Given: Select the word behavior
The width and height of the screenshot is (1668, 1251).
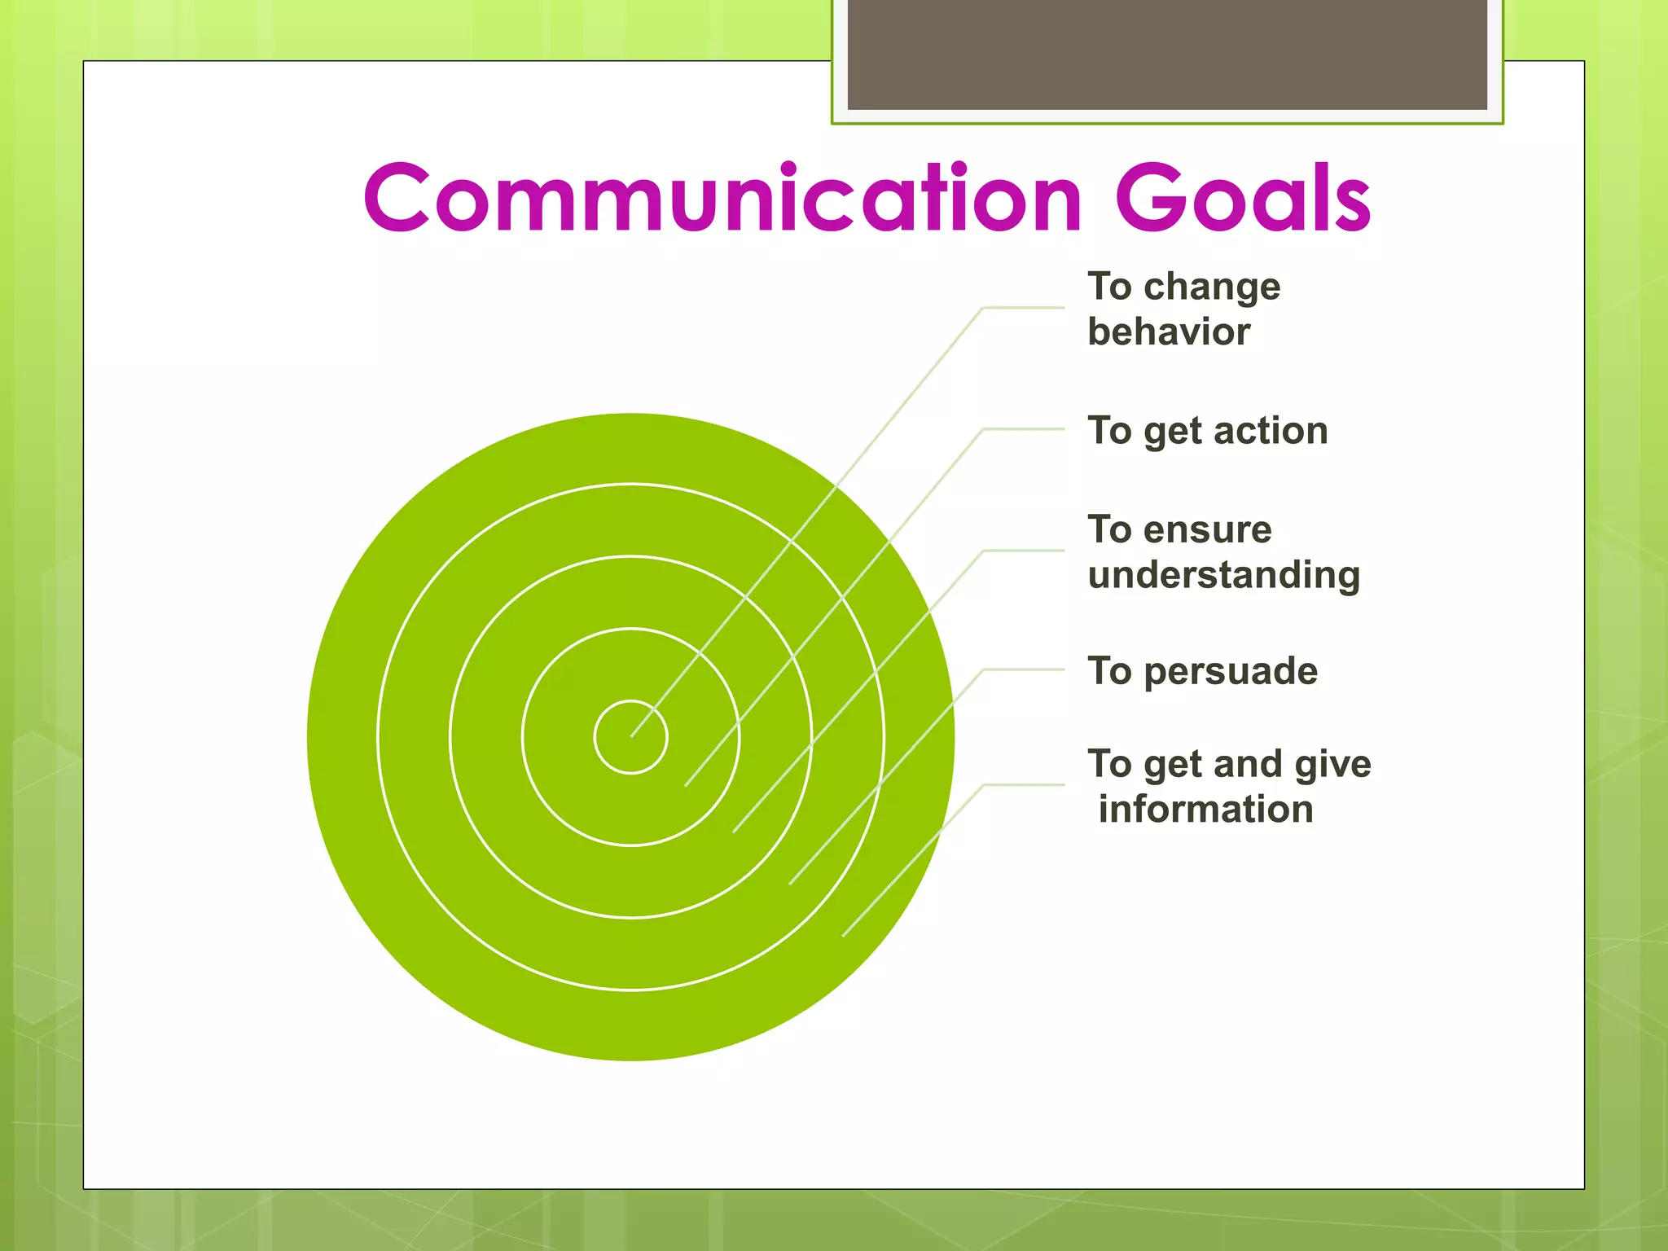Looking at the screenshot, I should point(1169,332).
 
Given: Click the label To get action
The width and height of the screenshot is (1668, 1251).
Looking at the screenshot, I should point(1207,431).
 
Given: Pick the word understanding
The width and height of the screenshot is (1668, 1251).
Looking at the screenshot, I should point(1223,575).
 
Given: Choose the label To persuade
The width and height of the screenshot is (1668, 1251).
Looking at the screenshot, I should point(1202,672).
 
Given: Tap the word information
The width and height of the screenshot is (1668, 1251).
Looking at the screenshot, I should point(1205,810).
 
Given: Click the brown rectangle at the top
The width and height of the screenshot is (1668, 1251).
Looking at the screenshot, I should point(1167,54).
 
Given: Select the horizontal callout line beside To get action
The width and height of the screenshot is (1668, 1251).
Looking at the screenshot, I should point(1024,429).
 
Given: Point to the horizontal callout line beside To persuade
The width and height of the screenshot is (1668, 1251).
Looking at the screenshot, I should point(1024,669).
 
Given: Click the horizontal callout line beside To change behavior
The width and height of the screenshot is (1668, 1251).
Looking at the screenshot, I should point(1024,308).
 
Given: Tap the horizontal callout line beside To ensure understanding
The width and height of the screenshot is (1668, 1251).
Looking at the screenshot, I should point(1024,551).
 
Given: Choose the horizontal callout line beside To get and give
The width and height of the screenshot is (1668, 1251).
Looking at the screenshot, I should point(1024,785).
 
